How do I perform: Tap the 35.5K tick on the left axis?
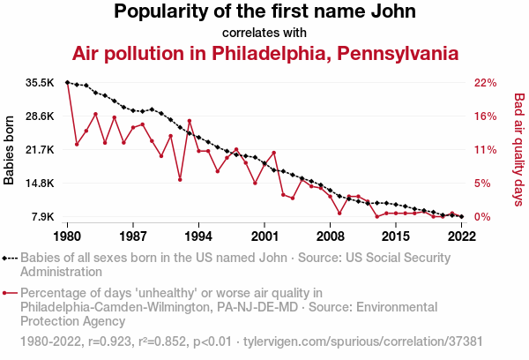(x=40, y=83)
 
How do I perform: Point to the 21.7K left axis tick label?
(x=40, y=150)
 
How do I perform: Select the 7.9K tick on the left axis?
(x=42, y=217)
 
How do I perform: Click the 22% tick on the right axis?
(x=486, y=83)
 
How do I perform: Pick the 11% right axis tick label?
(x=486, y=150)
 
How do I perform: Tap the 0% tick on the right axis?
(x=483, y=217)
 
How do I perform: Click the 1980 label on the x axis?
(x=68, y=236)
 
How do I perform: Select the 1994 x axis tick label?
(x=199, y=236)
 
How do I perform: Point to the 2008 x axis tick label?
(x=331, y=236)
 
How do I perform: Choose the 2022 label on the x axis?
(x=462, y=236)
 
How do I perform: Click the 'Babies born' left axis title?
(x=10, y=150)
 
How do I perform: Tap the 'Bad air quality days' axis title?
(x=519, y=150)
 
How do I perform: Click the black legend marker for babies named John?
(x=10, y=259)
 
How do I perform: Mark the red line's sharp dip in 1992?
(x=180, y=179)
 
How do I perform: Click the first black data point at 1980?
(x=68, y=82)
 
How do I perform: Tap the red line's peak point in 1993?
(x=190, y=121)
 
